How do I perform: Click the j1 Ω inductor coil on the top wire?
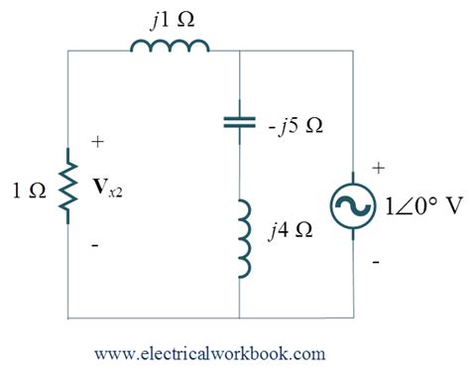point(170,47)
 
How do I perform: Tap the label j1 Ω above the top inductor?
point(168,18)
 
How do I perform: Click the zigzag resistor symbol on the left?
point(67,188)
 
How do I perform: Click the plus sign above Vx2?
point(96,143)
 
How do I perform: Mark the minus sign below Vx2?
point(95,239)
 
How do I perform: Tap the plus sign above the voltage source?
point(376,170)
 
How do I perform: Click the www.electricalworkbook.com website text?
point(210,351)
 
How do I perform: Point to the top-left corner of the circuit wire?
point(67,49)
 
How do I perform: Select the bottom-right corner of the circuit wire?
point(354,319)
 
